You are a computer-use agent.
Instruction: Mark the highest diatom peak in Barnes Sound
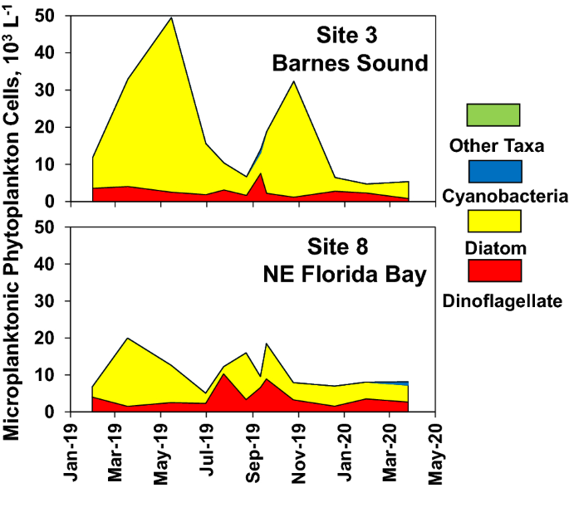pos(172,18)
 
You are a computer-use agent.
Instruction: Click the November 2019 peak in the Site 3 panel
pos(293,81)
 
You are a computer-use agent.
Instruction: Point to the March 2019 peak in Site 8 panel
pos(126,339)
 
